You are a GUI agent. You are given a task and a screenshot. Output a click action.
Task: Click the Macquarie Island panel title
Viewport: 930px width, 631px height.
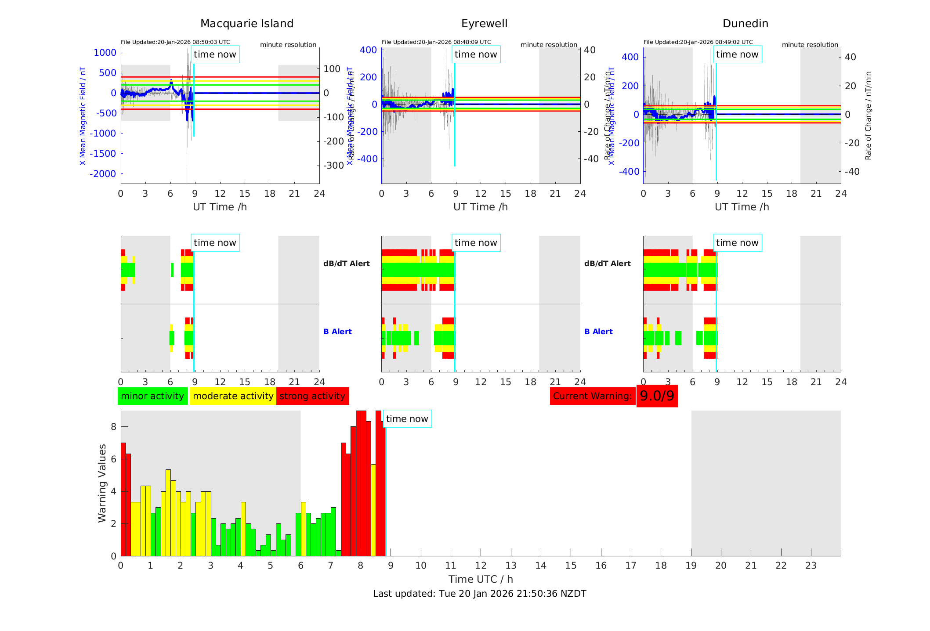click(246, 24)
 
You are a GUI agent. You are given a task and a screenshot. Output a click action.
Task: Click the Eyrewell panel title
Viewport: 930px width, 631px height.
click(484, 24)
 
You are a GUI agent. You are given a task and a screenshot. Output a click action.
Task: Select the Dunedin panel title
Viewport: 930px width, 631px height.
click(745, 24)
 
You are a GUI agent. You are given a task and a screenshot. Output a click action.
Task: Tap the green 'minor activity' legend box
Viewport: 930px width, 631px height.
click(152, 396)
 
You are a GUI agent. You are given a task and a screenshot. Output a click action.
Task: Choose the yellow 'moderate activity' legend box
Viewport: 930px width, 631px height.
click(233, 396)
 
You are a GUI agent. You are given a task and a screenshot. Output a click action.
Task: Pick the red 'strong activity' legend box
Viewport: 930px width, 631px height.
click(312, 396)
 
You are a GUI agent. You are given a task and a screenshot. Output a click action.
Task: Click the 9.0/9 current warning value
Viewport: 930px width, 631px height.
click(657, 396)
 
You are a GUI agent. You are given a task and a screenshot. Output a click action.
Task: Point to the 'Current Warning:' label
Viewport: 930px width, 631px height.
click(592, 396)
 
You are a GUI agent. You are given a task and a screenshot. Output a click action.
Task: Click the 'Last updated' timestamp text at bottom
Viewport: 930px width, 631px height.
click(479, 594)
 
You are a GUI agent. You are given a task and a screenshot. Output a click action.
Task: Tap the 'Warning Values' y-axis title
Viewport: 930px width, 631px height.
click(102, 483)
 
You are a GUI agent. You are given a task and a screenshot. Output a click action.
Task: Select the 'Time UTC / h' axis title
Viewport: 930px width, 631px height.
click(481, 579)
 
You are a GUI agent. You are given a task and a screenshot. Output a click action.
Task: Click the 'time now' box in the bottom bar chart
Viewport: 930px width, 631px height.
click(407, 419)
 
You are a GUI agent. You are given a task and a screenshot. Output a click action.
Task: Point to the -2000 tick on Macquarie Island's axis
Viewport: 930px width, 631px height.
click(103, 174)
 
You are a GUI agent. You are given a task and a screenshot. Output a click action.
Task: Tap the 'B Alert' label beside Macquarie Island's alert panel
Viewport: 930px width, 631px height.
click(337, 332)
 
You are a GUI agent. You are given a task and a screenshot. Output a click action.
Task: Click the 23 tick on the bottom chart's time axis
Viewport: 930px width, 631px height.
click(811, 566)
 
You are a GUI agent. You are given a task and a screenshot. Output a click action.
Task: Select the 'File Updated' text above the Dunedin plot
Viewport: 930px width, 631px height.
click(698, 42)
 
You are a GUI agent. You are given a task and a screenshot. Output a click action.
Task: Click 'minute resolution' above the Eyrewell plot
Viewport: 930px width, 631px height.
click(549, 45)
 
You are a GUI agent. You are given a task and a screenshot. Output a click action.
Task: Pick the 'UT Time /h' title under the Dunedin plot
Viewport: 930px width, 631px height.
click(742, 207)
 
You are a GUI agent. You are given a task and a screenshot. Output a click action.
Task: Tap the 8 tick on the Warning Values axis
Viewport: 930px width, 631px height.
click(113, 427)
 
